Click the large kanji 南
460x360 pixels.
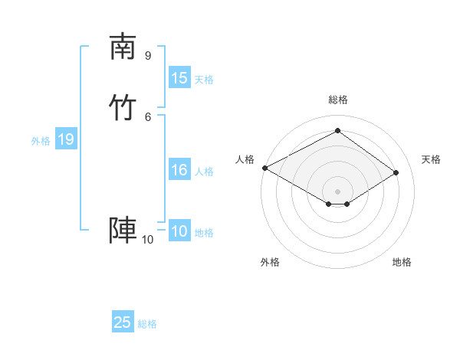click(123, 47)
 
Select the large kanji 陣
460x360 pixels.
click(123, 230)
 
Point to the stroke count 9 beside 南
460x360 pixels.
click(148, 55)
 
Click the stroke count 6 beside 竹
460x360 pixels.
click(148, 116)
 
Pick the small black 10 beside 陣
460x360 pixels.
click(147, 240)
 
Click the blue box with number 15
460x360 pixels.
click(179, 78)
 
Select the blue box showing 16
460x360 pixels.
click(179, 170)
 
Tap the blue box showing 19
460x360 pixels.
click(66, 139)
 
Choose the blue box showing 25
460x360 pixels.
click(123, 322)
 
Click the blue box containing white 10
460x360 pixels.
click(179, 231)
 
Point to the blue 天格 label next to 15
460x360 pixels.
click(204, 80)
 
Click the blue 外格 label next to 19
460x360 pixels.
click(41, 141)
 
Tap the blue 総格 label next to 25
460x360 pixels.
click(147, 324)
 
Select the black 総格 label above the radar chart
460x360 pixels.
click(338, 100)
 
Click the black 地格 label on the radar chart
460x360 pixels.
click(402, 262)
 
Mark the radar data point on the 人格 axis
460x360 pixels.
click(264, 168)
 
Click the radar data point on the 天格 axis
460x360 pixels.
click(396, 172)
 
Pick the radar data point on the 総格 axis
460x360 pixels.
click(337, 130)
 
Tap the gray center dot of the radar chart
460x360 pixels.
click(337, 191)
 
